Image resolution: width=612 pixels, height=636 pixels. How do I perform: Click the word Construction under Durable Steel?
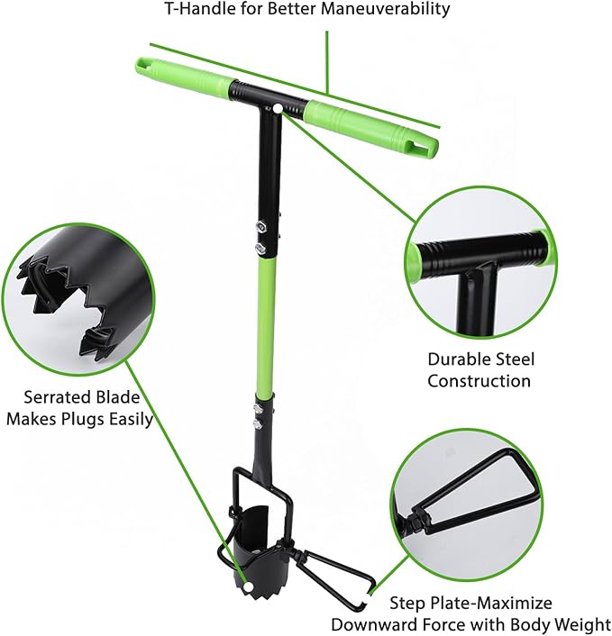coord(479,380)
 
